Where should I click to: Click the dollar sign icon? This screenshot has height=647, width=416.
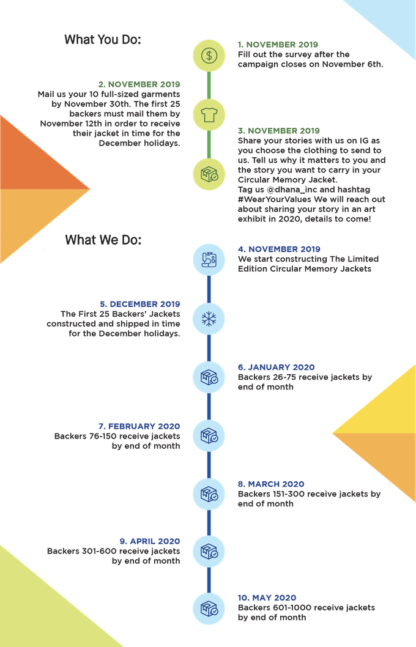[209, 55]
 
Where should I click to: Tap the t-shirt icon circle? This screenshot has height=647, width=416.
[209, 113]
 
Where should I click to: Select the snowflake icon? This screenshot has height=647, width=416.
[209, 319]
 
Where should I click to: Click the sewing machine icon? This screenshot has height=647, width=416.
[209, 259]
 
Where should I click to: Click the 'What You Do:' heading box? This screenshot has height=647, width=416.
[103, 40]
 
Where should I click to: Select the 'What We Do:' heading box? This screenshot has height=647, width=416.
[104, 239]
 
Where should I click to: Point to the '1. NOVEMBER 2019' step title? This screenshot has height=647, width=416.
[278, 45]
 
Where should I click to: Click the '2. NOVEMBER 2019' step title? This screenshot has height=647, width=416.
[139, 84]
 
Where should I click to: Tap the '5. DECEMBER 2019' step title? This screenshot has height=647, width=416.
[139, 304]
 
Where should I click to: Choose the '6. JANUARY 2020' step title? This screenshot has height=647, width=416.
[276, 368]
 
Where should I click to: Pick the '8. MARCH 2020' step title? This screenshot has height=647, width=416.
[271, 484]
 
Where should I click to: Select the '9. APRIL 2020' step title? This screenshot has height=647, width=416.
[149, 541]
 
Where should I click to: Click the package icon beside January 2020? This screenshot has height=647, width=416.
[209, 377]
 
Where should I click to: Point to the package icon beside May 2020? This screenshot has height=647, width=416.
[209, 608]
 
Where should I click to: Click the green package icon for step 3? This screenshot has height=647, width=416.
[209, 172]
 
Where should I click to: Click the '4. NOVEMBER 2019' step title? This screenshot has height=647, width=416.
[278, 250]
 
